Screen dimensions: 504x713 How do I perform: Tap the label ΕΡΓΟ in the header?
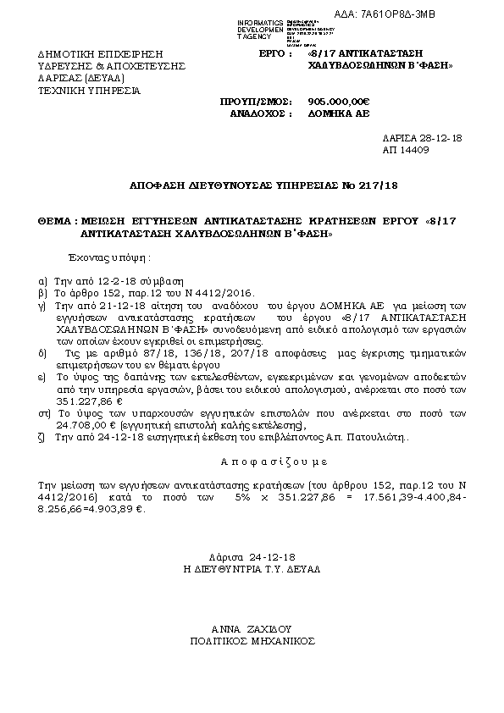(x=273, y=53)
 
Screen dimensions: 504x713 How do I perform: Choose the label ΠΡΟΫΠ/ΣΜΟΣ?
(x=251, y=99)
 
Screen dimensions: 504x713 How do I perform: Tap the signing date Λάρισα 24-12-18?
(x=252, y=558)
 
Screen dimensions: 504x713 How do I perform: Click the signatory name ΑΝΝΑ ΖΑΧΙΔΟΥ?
(x=251, y=629)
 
